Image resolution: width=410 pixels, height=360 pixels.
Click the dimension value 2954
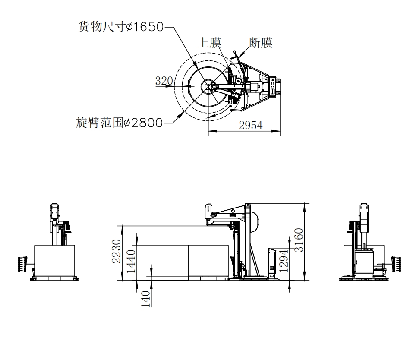click(x=251, y=125)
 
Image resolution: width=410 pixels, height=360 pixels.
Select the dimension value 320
click(x=164, y=81)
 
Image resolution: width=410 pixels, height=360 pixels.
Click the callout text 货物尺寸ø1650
click(x=120, y=27)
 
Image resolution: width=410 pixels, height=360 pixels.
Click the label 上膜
click(x=209, y=42)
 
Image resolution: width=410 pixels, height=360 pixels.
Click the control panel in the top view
click(x=273, y=86)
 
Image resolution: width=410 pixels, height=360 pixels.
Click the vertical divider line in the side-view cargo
click(x=188, y=262)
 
